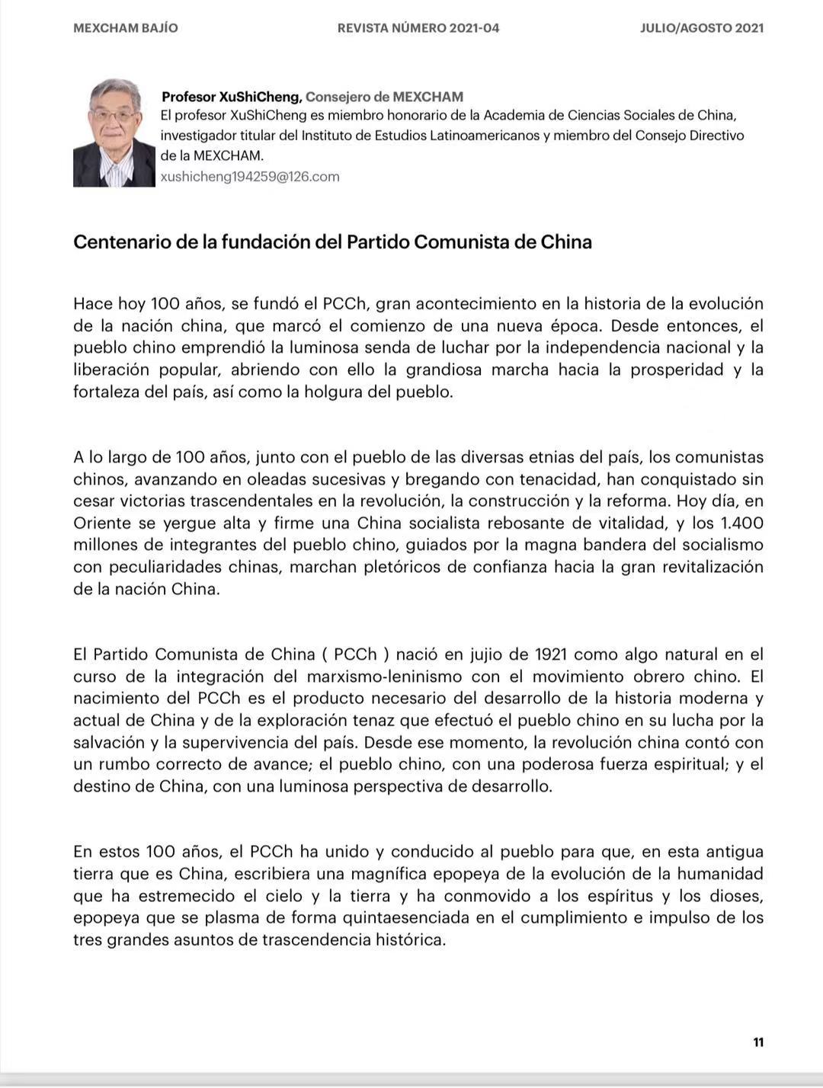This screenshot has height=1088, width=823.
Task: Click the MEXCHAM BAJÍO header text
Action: pyautogui.click(x=126, y=28)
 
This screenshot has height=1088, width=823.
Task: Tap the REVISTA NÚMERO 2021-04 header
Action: pyautogui.click(x=418, y=28)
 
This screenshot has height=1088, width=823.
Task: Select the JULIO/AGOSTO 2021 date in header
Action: pyautogui.click(x=702, y=28)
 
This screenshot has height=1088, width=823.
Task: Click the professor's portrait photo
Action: pyautogui.click(x=114, y=133)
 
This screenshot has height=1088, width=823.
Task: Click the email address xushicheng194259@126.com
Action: pyautogui.click(x=250, y=177)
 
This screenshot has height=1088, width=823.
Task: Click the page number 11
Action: pyautogui.click(x=758, y=1042)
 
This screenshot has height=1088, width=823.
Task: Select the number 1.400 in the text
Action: pyautogui.click(x=742, y=523)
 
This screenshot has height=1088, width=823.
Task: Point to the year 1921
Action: pyautogui.click(x=551, y=654)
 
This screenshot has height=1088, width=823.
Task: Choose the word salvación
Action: pyautogui.click(x=108, y=743)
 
